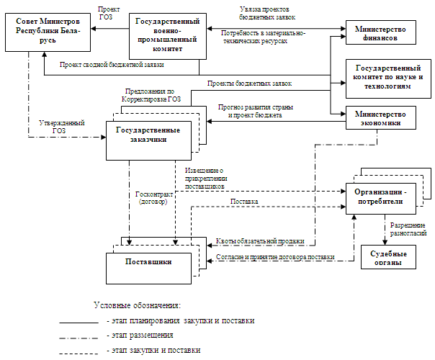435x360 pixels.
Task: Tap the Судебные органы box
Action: [x=389, y=258]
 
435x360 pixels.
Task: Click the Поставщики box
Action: [x=149, y=262]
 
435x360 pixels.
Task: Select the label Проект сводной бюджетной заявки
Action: [x=112, y=65]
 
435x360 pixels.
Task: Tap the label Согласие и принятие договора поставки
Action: [x=275, y=257]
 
